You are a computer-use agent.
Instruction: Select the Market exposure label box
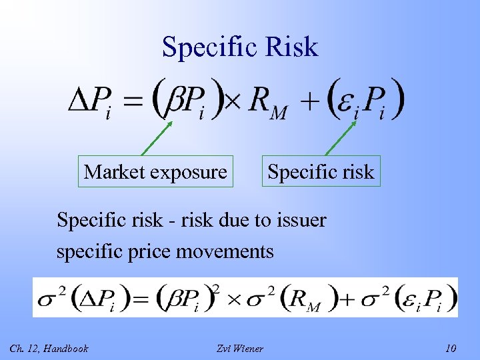[155, 172]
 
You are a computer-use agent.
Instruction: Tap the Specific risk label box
[321, 172]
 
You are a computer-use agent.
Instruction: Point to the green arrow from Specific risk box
[340, 139]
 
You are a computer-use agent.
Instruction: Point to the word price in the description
[151, 252]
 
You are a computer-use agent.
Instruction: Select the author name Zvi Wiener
[240, 348]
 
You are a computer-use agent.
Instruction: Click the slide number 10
[451, 348]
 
